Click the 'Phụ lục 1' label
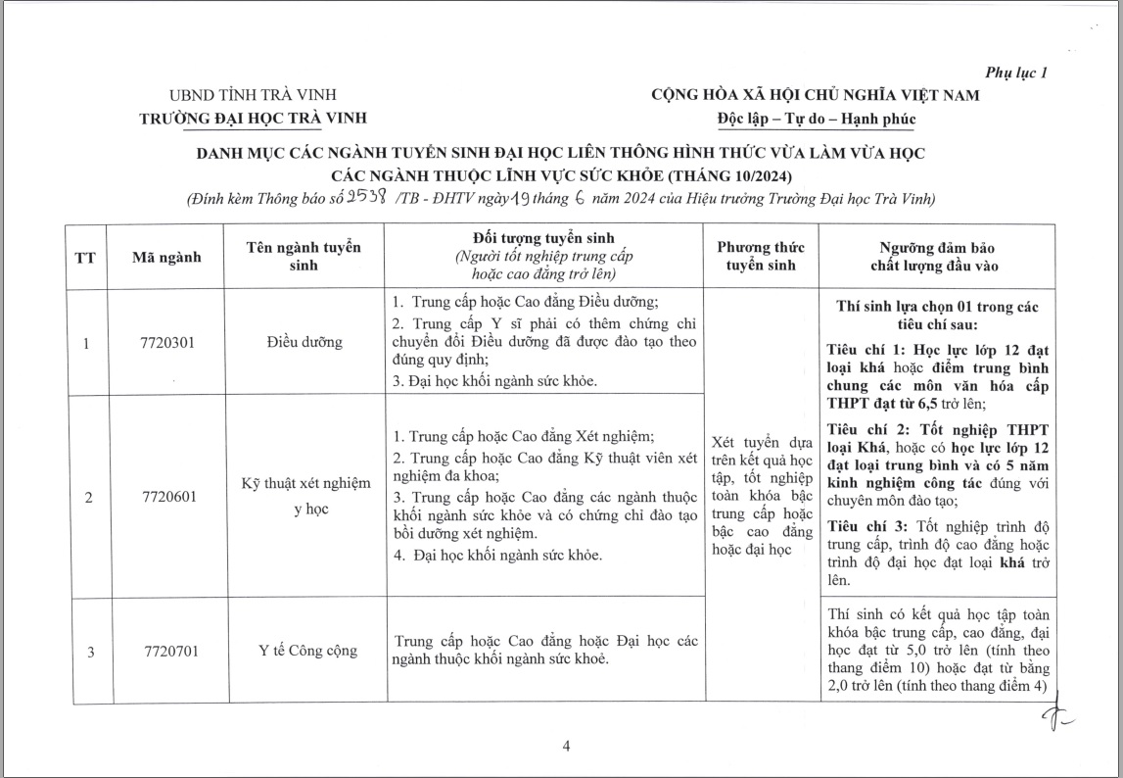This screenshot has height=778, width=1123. pyautogui.click(x=1015, y=73)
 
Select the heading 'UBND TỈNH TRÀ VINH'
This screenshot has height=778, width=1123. pyautogui.click(x=253, y=95)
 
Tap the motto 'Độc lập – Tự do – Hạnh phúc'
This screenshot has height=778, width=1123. pyautogui.click(x=815, y=119)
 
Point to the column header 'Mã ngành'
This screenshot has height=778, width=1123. pyautogui.click(x=166, y=258)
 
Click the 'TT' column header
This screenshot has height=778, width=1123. pyautogui.click(x=85, y=258)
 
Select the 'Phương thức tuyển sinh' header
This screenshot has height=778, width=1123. pyautogui.click(x=761, y=257)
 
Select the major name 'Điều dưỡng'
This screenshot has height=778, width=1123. pyautogui.click(x=304, y=343)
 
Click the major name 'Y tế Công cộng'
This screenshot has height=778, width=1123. pyautogui.click(x=308, y=650)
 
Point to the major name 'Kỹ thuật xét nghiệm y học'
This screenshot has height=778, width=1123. pyautogui.click(x=306, y=497)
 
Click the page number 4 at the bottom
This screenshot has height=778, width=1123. pyautogui.click(x=566, y=747)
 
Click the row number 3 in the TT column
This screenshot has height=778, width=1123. pyautogui.click(x=90, y=650)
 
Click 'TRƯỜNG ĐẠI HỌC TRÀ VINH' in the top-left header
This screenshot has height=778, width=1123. pyautogui.click(x=253, y=118)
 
